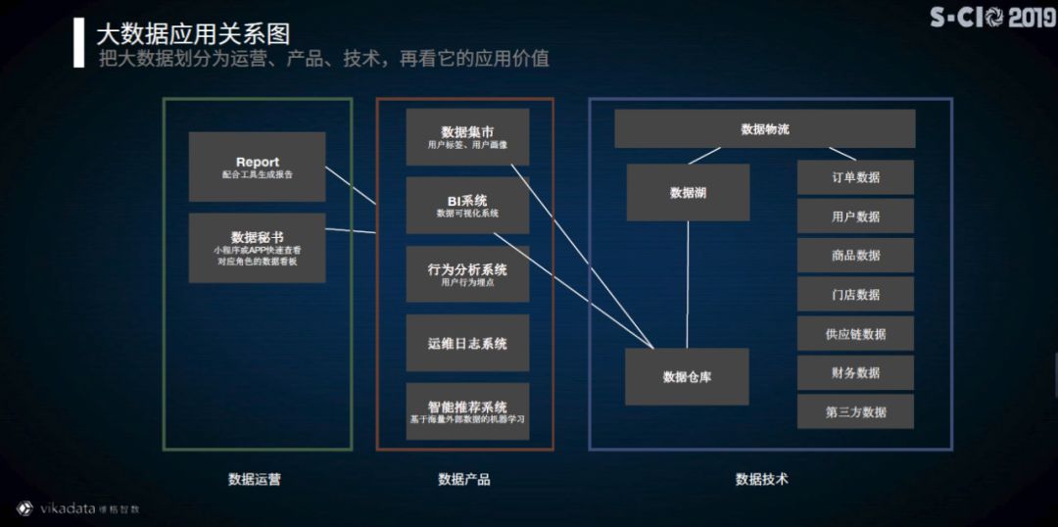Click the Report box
click(257, 168)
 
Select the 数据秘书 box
click(257, 248)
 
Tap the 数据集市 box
click(467, 137)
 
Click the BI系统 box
click(467, 206)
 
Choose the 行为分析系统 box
click(467, 274)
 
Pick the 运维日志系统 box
click(467, 343)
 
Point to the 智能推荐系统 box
click(467, 411)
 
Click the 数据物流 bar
click(764, 128)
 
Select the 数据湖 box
click(688, 193)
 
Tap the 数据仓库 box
click(687, 376)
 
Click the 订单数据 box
click(855, 177)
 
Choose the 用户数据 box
click(855, 216)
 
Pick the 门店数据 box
click(855, 295)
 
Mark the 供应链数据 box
click(855, 334)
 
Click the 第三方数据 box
click(855, 412)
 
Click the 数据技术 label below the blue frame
click(761, 479)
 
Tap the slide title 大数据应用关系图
click(193, 34)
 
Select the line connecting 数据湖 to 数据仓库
click(688, 284)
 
